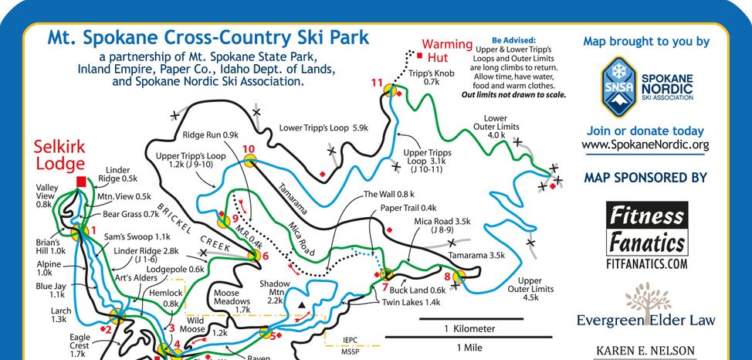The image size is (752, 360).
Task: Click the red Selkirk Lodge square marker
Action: (x=81, y=182)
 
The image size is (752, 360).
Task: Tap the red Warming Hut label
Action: (x=446, y=50)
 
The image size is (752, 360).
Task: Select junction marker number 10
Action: (x=250, y=161)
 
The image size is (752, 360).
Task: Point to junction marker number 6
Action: (x=252, y=256)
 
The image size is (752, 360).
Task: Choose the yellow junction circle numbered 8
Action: (x=459, y=276)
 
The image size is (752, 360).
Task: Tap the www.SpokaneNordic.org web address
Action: (x=645, y=144)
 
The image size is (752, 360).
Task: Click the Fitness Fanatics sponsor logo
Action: (x=645, y=236)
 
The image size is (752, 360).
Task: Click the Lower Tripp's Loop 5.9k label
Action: (x=323, y=127)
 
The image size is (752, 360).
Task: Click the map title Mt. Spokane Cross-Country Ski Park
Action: (x=208, y=37)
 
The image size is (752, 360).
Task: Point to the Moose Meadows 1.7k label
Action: (x=232, y=299)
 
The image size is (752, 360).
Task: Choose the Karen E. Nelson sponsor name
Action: (x=645, y=352)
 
